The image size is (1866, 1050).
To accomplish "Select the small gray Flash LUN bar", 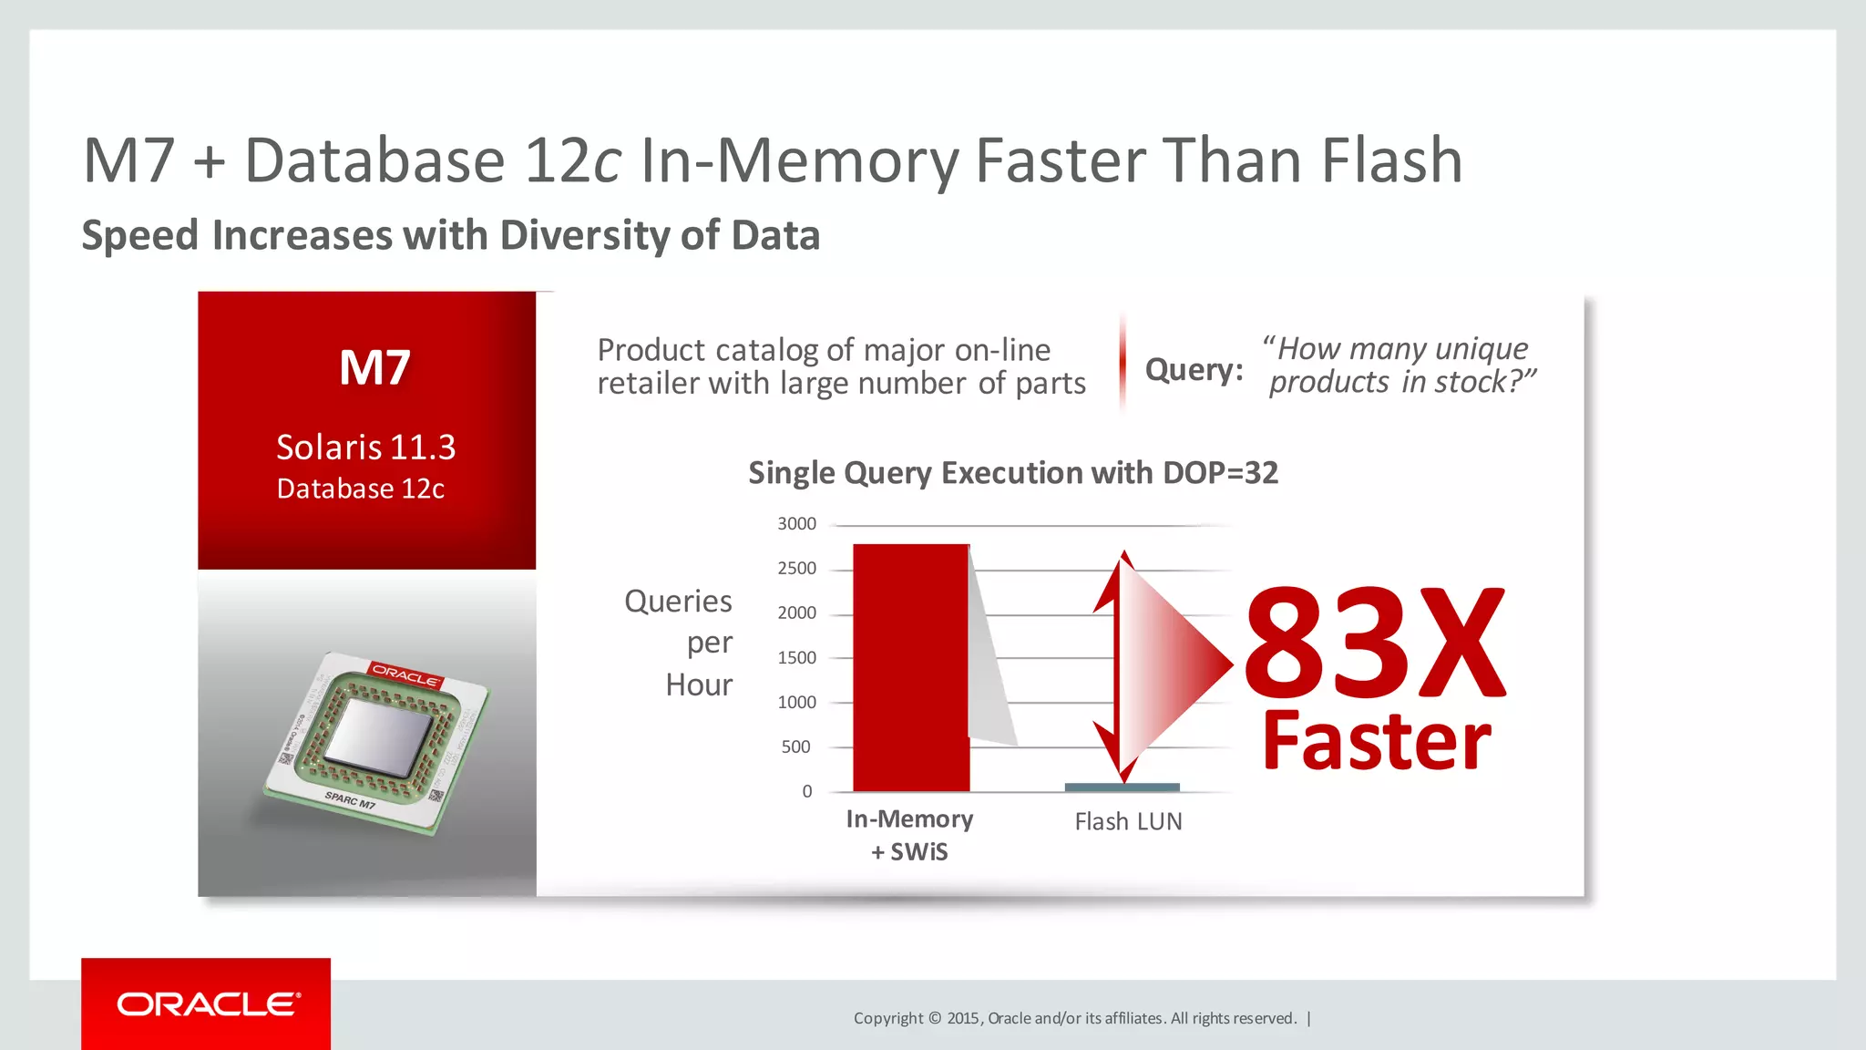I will (1122, 787).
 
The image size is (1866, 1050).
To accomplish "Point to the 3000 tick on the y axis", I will (796, 524).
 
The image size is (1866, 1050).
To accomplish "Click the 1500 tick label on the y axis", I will (796, 658).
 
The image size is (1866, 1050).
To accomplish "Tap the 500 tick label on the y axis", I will (795, 747).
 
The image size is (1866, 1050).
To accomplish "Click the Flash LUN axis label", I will (1128, 822).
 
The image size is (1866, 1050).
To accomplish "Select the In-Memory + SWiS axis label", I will (909, 835).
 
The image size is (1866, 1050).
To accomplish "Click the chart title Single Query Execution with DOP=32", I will (1013, 473).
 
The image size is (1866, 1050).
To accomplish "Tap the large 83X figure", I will (1374, 643).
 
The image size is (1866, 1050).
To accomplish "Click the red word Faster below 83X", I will (1376, 742).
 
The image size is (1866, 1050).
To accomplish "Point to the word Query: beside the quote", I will (1194, 370).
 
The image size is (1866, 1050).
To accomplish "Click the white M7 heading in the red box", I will (374, 368).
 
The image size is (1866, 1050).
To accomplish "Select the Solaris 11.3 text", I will (365, 448).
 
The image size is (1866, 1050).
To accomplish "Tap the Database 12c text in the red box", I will (361, 489).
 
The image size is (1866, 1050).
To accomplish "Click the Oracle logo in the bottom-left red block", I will (208, 1004).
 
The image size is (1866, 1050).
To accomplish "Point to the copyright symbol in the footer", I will (934, 1018).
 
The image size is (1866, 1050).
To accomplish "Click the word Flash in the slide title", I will (1391, 161).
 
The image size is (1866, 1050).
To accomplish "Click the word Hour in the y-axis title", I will (698, 685).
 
